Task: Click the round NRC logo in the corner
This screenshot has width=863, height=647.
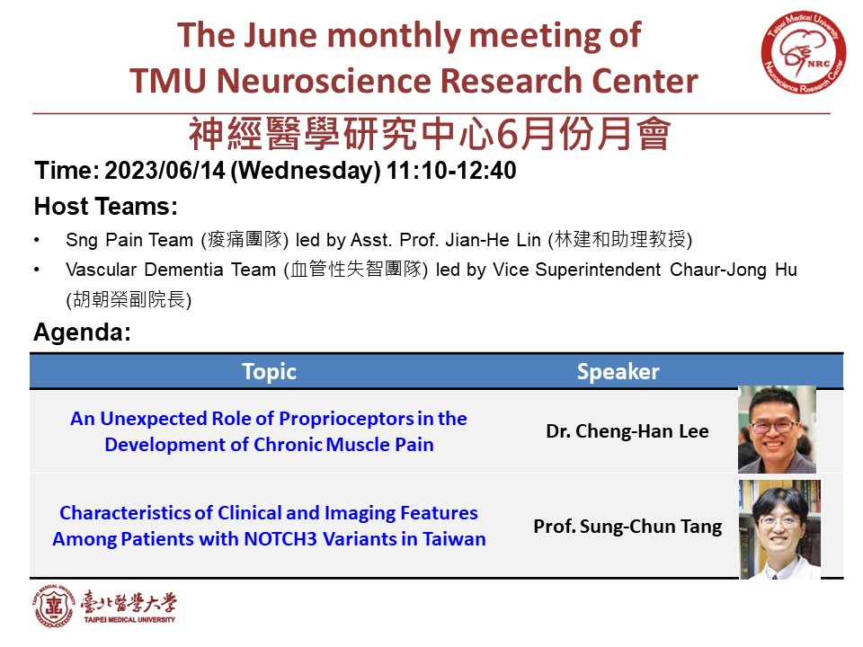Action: click(804, 53)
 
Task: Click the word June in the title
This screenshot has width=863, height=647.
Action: click(280, 35)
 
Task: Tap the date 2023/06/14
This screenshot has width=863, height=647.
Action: click(165, 171)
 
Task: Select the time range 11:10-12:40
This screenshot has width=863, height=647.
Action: click(451, 171)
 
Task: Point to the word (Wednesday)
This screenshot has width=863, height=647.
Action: click(306, 171)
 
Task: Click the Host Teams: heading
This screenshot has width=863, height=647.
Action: click(106, 207)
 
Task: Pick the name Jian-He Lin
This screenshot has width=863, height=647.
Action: click(494, 240)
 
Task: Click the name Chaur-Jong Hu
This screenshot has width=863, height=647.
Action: click(734, 270)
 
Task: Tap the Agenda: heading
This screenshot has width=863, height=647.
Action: click(83, 332)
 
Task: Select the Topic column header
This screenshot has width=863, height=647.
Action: click(269, 372)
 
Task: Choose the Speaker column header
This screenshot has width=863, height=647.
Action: click(618, 372)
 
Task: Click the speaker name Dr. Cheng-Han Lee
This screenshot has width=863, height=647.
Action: click(627, 431)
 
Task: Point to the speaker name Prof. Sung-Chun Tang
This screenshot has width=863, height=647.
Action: click(627, 527)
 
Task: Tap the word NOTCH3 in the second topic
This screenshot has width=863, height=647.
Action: click(280, 538)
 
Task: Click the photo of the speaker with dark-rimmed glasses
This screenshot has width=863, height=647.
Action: click(777, 430)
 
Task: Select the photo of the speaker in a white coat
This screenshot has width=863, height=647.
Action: click(780, 529)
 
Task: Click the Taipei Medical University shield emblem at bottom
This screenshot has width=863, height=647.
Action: click(53, 607)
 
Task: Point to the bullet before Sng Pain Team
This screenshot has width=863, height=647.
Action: click(37, 240)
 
